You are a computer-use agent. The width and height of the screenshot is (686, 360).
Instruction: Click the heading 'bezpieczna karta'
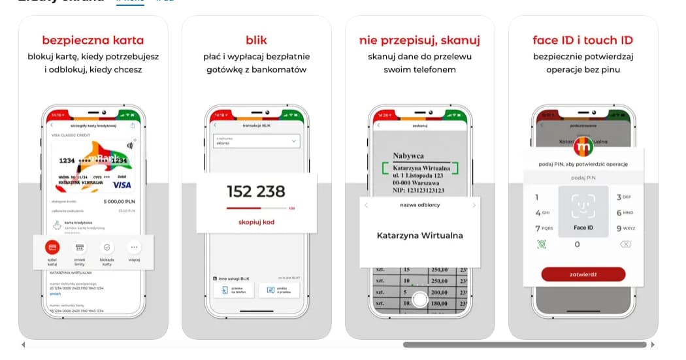click(x=93, y=41)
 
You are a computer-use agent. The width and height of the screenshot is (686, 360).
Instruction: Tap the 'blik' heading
click(x=256, y=41)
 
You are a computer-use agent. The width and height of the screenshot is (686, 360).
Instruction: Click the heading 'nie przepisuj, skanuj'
click(x=419, y=41)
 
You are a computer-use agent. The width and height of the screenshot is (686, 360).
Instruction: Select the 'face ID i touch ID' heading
click(x=583, y=41)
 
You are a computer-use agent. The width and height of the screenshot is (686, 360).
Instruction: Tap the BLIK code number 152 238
click(x=256, y=191)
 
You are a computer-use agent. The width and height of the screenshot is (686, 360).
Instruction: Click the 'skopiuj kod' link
click(x=256, y=222)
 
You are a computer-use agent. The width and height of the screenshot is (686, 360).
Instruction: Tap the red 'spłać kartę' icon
click(x=52, y=248)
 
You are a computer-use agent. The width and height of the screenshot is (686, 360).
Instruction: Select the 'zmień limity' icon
click(x=80, y=248)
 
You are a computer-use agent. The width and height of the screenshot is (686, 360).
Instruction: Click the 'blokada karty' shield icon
click(x=107, y=248)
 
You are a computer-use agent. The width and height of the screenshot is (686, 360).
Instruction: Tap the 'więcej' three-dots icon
click(x=134, y=248)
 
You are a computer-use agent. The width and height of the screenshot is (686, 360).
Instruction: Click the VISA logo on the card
click(x=122, y=185)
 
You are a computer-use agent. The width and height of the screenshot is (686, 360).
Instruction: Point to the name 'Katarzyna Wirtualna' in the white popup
click(x=419, y=235)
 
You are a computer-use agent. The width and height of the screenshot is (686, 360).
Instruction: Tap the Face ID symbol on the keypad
click(x=583, y=206)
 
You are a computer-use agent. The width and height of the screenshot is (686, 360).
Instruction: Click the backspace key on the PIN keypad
click(x=625, y=244)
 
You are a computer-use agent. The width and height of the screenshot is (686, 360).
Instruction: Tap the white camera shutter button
click(x=419, y=300)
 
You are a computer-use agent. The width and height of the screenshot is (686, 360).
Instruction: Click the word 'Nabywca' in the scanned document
click(x=408, y=155)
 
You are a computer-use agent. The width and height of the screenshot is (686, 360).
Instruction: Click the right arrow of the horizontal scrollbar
click(x=652, y=344)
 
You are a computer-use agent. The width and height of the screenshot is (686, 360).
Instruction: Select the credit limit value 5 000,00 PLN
click(x=119, y=202)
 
